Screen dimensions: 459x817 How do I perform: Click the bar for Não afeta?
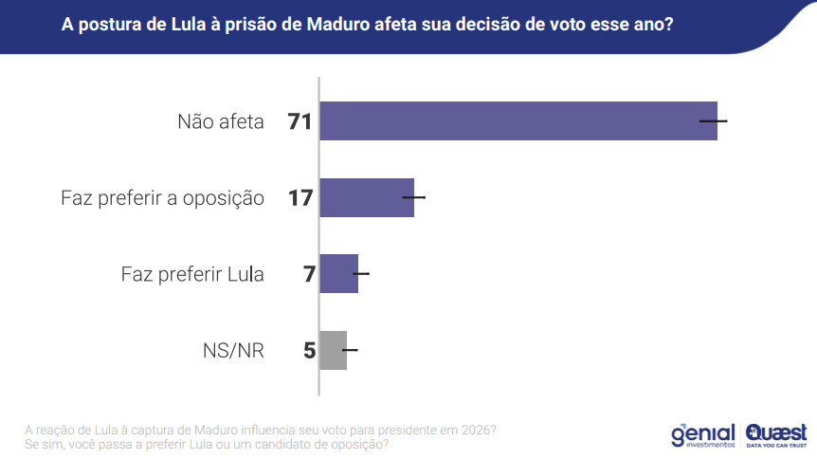coord(517,120)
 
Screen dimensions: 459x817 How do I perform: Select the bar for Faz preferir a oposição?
coord(367,197)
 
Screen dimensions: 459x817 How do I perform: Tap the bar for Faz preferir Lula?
coord(338,273)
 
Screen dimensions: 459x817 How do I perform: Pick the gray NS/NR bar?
coord(333,350)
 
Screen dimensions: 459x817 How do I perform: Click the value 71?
coord(300,121)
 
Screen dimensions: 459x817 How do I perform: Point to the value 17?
coord(300,198)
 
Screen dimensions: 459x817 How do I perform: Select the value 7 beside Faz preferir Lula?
coord(308,274)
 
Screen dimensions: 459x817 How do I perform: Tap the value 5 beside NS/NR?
coord(309,351)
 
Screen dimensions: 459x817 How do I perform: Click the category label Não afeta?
coord(221,121)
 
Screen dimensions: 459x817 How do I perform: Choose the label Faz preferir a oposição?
coord(162,198)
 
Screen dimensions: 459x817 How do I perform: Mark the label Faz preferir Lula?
coord(192,274)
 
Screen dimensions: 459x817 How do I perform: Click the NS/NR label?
coord(233,351)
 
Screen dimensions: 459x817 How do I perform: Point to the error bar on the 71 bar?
coord(713,121)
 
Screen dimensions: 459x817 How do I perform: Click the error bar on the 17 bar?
coord(414,197)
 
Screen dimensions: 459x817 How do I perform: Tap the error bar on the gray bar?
coord(350,350)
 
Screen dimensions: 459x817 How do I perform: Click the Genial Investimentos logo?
coord(702,434)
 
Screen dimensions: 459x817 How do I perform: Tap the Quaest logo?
coord(776,433)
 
